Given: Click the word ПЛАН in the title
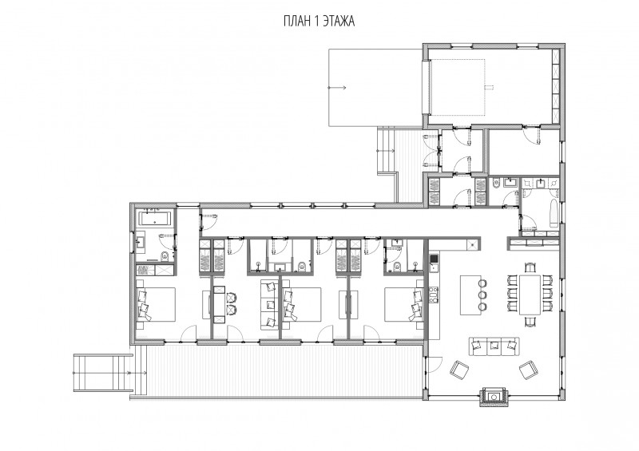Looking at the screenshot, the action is pos(297,22).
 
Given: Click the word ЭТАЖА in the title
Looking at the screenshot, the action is pos(339,22).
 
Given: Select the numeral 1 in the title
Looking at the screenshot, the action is pos(316,22).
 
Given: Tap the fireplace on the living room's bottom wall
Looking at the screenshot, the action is pos(494,396).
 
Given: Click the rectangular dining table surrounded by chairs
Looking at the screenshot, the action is pos(530,295).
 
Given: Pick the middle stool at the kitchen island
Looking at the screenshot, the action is pos(482,295).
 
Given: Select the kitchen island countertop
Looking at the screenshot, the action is pos(470,295).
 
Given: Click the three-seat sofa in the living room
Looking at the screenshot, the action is pos(494,346).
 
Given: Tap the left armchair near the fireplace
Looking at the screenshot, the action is pos(459,369).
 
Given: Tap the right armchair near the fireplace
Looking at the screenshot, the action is pos(529,369).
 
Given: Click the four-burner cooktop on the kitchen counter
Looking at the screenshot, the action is pos(433,295).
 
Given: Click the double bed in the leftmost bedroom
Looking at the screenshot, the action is pos(156,304).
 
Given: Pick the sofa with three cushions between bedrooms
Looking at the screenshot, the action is pos(269,305).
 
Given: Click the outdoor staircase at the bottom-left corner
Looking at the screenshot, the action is pos(103,373).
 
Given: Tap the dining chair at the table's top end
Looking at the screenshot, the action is pos(530,267).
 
